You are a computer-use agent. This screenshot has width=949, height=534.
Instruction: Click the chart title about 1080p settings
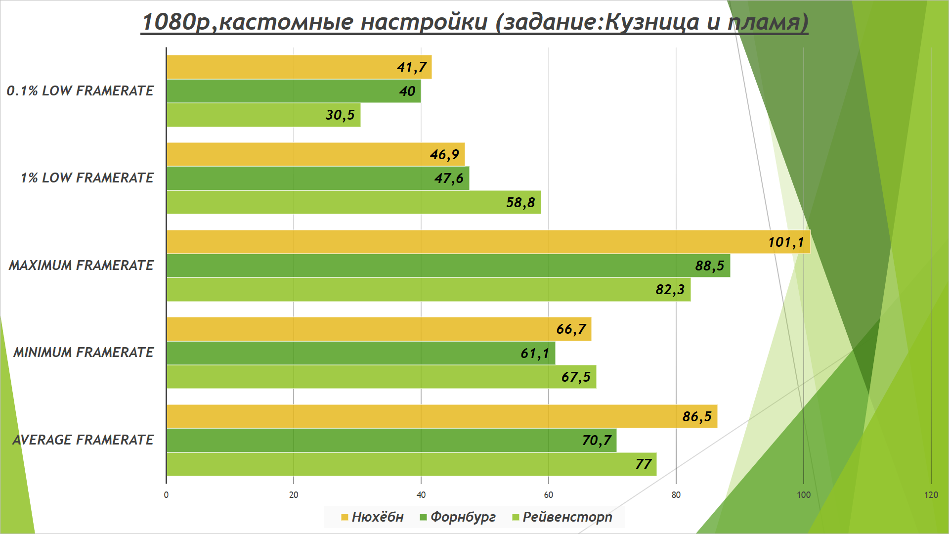pyautogui.click(x=474, y=22)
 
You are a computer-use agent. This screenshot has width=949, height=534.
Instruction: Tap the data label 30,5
pyautogui.click(x=340, y=115)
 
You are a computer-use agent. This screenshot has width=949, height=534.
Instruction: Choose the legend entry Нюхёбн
pyautogui.click(x=373, y=517)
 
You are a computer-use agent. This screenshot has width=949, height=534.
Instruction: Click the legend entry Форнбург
pyautogui.click(x=458, y=517)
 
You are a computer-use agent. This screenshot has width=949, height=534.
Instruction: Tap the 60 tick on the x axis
pyautogui.click(x=548, y=495)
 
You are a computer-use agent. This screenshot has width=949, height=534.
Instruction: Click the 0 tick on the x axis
pyautogui.click(x=166, y=495)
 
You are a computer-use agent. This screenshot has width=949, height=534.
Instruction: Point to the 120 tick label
pyautogui.click(x=931, y=495)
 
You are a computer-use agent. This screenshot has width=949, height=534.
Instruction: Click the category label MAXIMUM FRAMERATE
pyautogui.click(x=81, y=266)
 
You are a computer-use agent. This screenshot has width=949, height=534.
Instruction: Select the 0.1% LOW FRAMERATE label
pyautogui.click(x=80, y=91)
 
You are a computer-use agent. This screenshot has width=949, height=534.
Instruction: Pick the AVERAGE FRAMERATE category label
pyautogui.click(x=83, y=440)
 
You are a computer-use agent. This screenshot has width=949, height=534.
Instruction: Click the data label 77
pyautogui.click(x=643, y=464)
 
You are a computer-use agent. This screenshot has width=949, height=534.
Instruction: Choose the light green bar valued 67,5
pyautogui.click(x=381, y=377)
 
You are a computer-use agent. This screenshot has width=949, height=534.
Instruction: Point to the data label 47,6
pyautogui.click(x=449, y=178)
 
